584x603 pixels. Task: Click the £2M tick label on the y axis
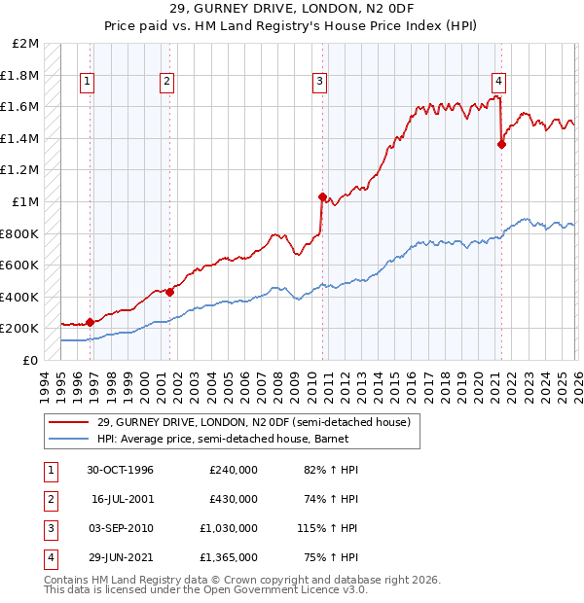pyautogui.click(x=26, y=44)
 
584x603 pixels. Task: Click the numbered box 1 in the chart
pyautogui.click(x=88, y=82)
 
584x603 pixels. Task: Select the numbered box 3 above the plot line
pyautogui.click(x=319, y=82)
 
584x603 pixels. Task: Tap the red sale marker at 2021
pyautogui.click(x=501, y=145)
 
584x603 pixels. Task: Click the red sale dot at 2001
pyautogui.click(x=169, y=292)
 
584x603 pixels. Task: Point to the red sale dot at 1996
pyautogui.click(x=91, y=322)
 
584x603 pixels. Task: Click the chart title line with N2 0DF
pyautogui.click(x=292, y=14)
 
